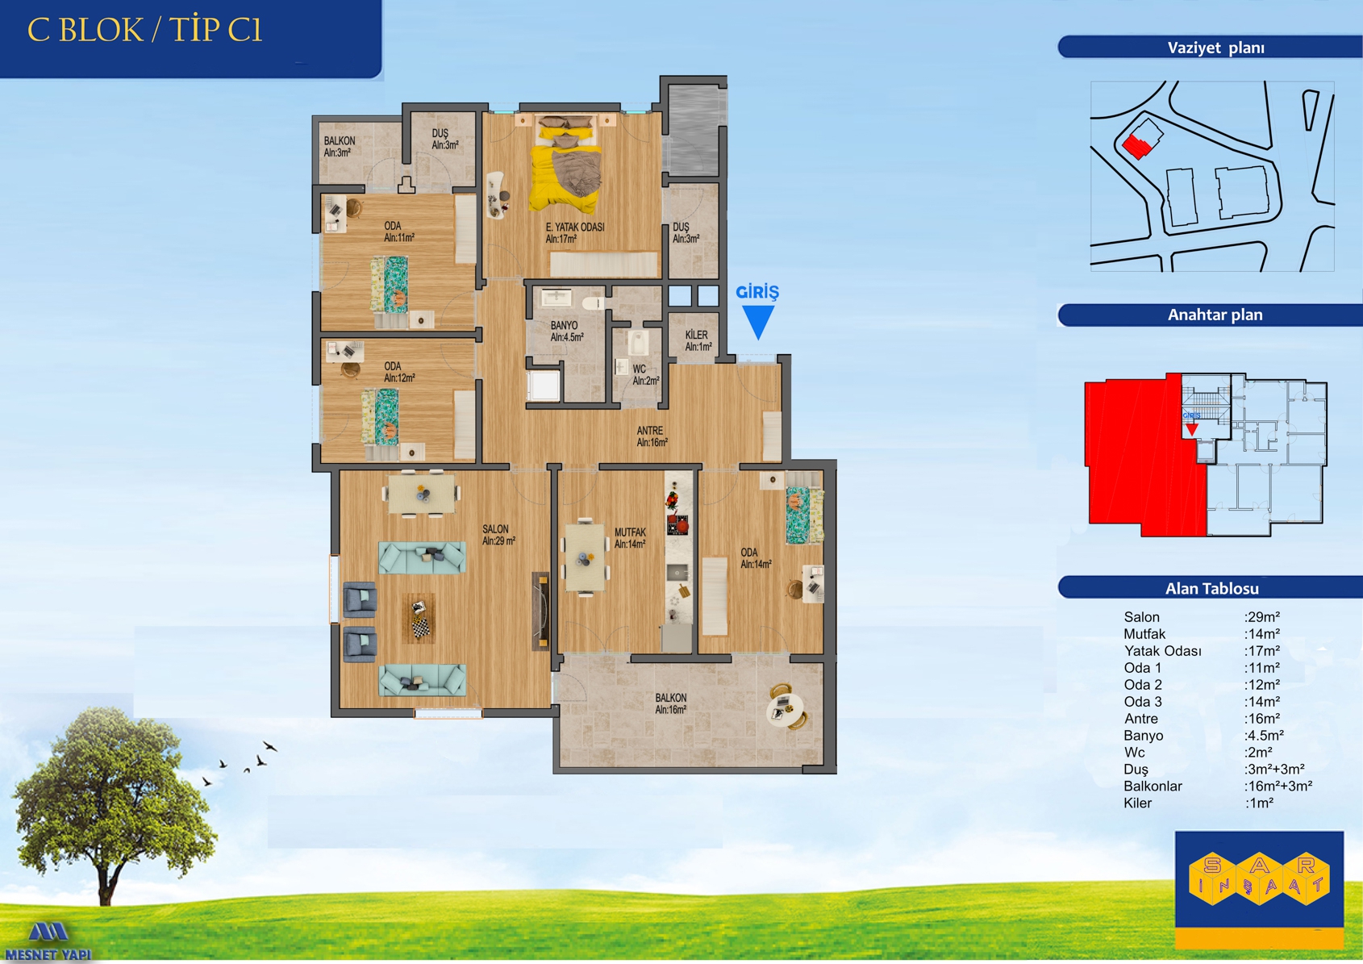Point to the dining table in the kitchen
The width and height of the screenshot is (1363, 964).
(x=586, y=557)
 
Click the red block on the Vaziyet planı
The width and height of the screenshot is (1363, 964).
(x=1136, y=146)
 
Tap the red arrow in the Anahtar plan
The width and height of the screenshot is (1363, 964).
(x=1191, y=429)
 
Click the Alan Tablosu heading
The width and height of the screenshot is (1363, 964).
(x=1211, y=588)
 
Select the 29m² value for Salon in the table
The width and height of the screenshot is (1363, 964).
(x=1262, y=617)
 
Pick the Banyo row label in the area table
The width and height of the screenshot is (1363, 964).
(x=1143, y=736)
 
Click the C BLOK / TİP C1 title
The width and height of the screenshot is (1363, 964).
(x=145, y=31)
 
